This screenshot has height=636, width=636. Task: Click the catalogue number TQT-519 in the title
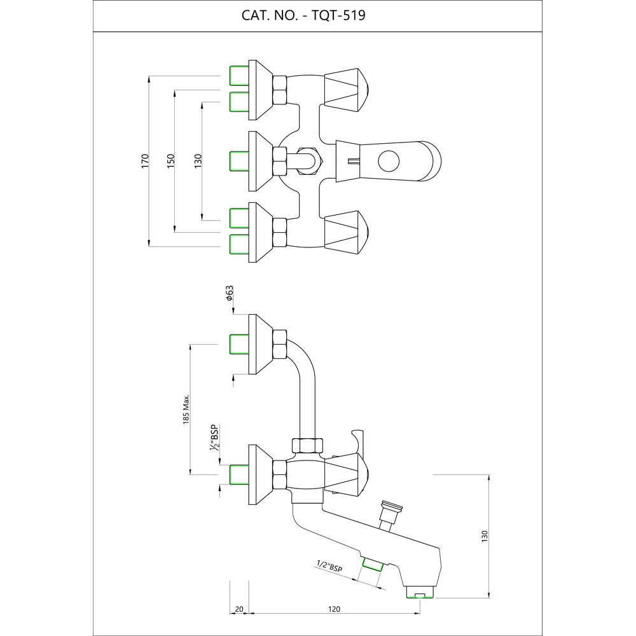click(336, 15)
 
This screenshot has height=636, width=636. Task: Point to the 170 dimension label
click(145, 160)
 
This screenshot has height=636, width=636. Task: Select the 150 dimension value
click(170, 160)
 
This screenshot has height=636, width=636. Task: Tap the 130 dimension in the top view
click(198, 160)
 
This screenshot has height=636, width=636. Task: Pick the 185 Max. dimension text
click(186, 409)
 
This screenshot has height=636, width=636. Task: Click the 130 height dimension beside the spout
click(485, 536)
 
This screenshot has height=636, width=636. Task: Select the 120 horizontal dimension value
click(334, 609)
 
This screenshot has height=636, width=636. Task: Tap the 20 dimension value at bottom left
click(238, 609)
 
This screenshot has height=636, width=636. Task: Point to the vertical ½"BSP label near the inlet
click(215, 438)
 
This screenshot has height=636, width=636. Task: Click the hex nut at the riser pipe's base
click(307, 446)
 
